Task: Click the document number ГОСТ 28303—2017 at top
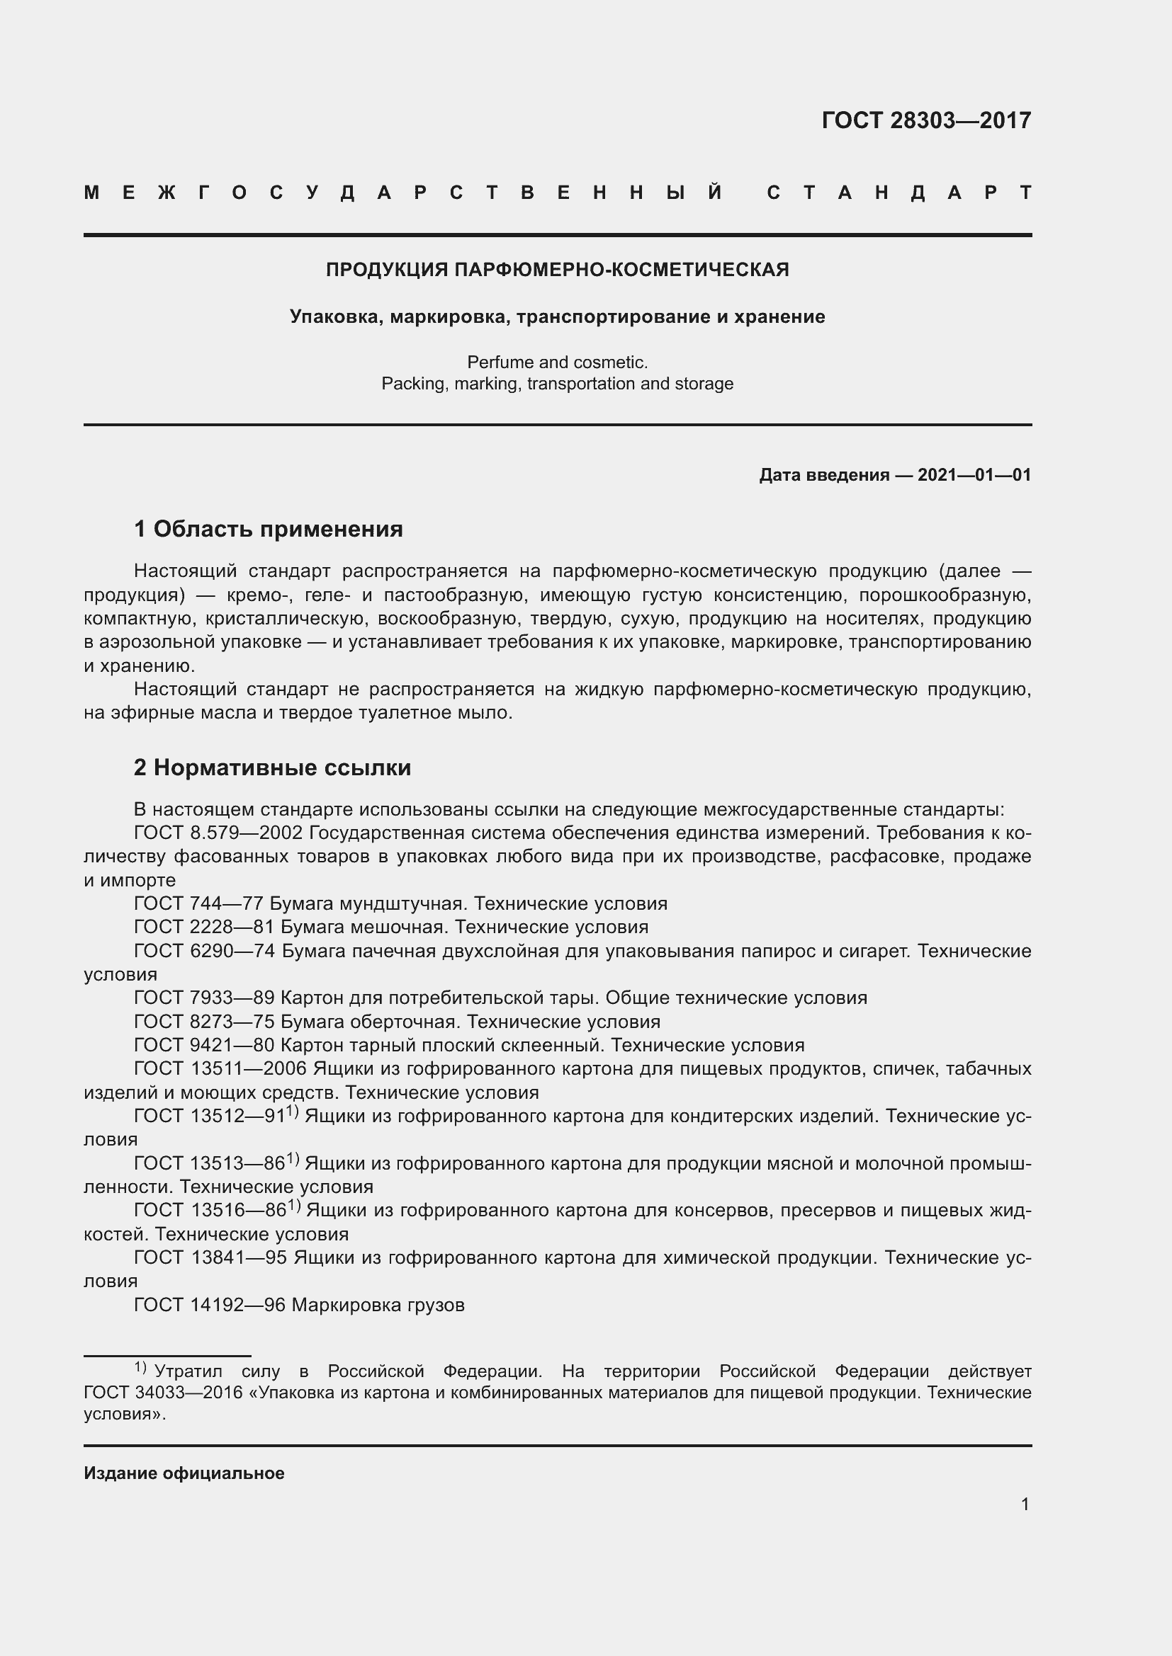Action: [x=926, y=120]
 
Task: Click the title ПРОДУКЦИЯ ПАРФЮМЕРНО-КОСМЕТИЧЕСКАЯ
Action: [x=557, y=270]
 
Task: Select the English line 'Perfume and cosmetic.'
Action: [x=557, y=362]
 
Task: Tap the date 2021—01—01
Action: [x=974, y=475]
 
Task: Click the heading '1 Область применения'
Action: [x=268, y=530]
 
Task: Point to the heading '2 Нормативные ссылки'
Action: [x=272, y=767]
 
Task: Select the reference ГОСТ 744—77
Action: [x=200, y=903]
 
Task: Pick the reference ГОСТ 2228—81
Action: [x=205, y=927]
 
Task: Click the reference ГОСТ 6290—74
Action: [x=205, y=952]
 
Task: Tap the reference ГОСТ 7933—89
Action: [x=205, y=998]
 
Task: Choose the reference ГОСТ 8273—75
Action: [x=205, y=1022]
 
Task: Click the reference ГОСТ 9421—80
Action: [x=205, y=1046]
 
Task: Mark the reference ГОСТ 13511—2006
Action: [x=220, y=1069]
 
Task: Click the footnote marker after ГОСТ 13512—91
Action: [x=292, y=1112]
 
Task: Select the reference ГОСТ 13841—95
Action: [x=210, y=1258]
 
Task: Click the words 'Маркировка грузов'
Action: [x=378, y=1305]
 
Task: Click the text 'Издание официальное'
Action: [x=184, y=1473]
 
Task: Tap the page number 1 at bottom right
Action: [x=1025, y=1504]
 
